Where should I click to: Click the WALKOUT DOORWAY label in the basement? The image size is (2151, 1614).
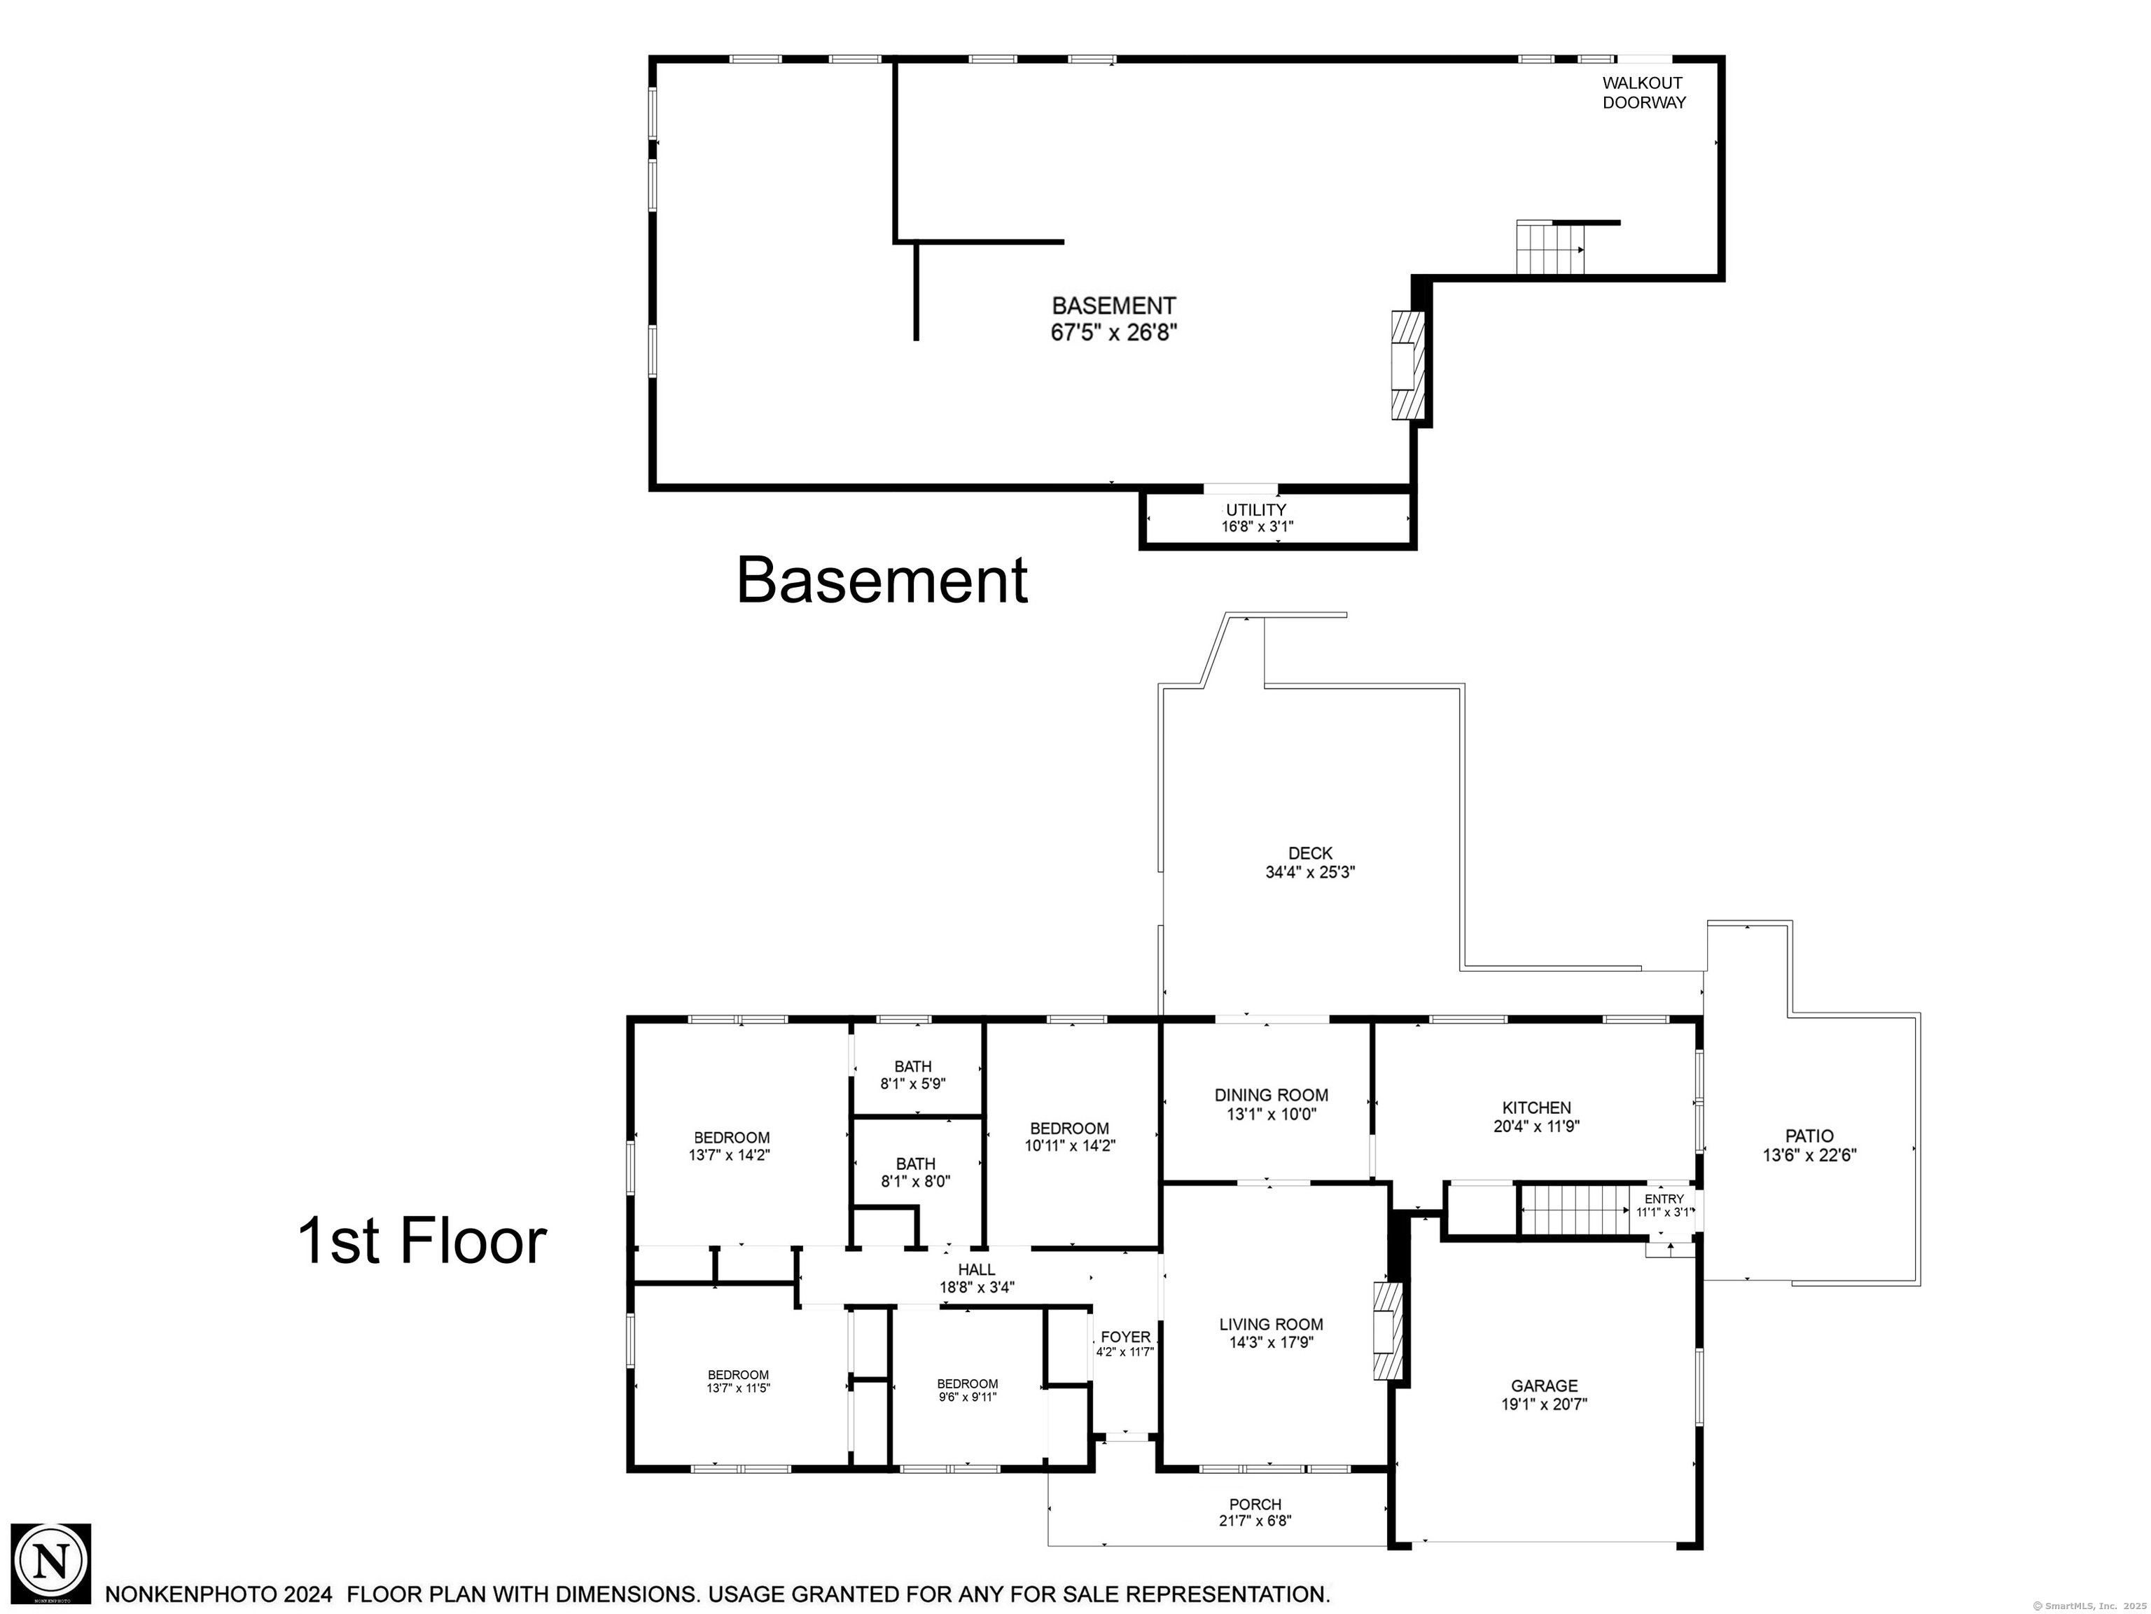pyautogui.click(x=1643, y=92)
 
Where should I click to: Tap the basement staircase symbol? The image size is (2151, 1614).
pyautogui.click(x=1551, y=248)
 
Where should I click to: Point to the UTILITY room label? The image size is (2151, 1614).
pyautogui.click(x=1255, y=510)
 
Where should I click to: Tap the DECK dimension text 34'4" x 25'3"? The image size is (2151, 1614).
pyautogui.click(x=1310, y=873)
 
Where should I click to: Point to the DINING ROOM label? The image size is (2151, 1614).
pyautogui.click(x=1271, y=1096)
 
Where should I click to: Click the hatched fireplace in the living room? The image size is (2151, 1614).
pyautogui.click(x=1388, y=1331)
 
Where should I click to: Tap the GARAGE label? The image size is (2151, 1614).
pyautogui.click(x=1544, y=1386)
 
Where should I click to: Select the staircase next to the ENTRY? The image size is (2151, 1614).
pyautogui.click(x=1574, y=1211)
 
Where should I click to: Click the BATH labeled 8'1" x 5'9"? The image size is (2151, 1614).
pyautogui.click(x=913, y=1074)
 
